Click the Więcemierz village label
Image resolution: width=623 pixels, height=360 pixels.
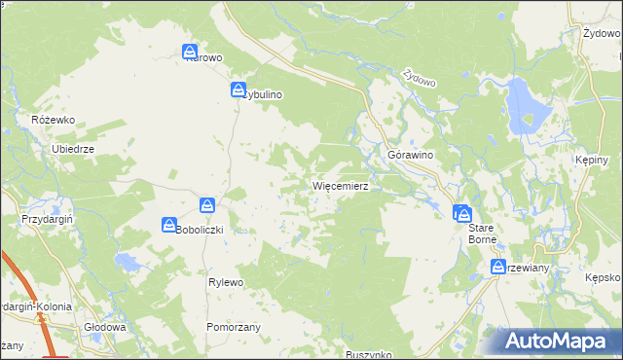click(339, 185)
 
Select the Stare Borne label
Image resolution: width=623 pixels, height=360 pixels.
click(482, 233)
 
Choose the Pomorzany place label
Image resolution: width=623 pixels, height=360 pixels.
click(233, 327)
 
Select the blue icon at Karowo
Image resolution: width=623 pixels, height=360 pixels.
click(191, 53)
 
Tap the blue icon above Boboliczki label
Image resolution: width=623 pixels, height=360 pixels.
click(207, 205)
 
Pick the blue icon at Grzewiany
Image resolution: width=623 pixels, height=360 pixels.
click(496, 268)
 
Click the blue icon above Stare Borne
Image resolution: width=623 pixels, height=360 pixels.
click(462, 213)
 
